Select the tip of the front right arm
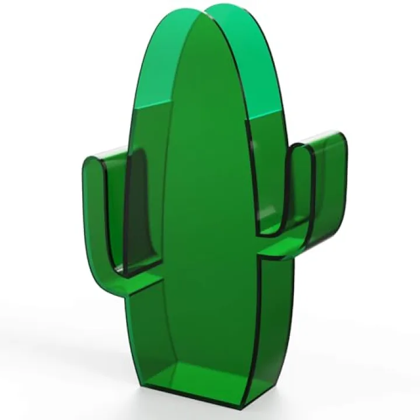(x=302, y=147)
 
